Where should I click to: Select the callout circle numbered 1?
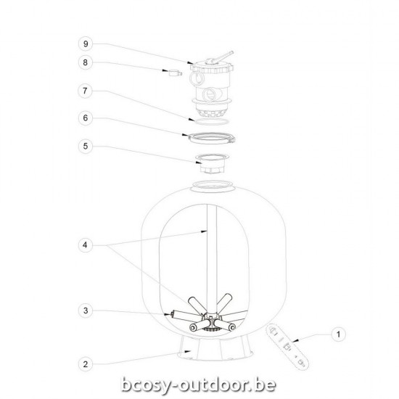[x=335, y=335]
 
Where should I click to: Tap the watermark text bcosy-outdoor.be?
[x=199, y=382]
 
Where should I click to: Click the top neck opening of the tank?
[x=213, y=187]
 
